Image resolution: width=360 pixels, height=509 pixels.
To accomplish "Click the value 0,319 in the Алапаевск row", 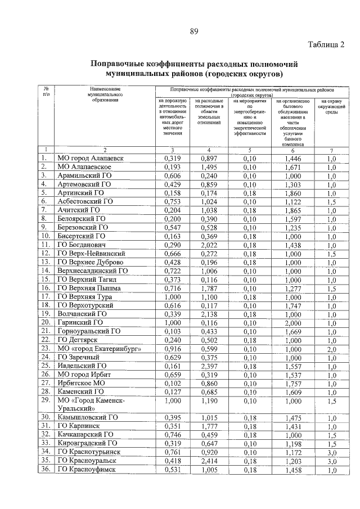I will [x=172, y=159].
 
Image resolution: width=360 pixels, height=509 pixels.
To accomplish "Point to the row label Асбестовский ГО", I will [x=85, y=201].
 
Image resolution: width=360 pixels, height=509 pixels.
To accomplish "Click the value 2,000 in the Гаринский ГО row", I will [x=293, y=322].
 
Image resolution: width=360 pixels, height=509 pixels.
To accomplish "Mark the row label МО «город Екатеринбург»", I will [x=97, y=348].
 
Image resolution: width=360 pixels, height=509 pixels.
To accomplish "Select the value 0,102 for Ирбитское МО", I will [x=172, y=382].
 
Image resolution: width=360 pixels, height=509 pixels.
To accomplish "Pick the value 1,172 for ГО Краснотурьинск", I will [x=293, y=452].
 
